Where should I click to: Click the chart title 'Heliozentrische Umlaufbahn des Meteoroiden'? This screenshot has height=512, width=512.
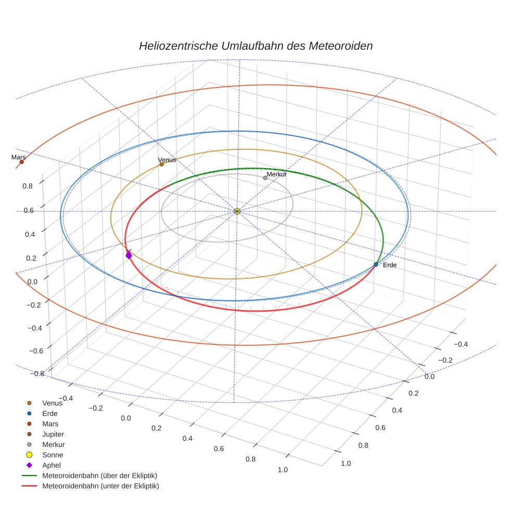pos(255,46)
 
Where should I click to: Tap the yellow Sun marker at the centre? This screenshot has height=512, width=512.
pos(237,211)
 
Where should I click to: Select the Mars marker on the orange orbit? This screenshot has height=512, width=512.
pos(21,162)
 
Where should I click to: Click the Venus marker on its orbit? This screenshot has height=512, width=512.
pos(161,164)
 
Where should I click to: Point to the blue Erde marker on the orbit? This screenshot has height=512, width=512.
pos(376,265)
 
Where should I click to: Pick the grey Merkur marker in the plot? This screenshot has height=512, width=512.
pos(265,178)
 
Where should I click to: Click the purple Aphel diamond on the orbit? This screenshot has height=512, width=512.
pos(129,255)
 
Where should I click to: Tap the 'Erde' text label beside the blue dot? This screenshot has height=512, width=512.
pos(390,265)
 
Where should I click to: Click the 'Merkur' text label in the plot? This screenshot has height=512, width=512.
pos(277,174)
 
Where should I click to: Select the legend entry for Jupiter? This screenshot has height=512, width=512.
pos(53,434)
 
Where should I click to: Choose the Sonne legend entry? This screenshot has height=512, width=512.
pos(53,455)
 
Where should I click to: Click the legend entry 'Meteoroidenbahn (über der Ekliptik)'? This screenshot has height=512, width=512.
pos(99,476)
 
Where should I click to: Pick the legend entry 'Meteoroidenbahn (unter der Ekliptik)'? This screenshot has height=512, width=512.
pos(100,486)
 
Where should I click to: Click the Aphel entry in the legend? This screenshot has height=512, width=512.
pos(52,465)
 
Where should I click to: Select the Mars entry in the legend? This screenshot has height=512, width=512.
pos(50,424)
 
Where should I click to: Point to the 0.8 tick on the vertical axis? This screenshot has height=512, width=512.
pos(28,185)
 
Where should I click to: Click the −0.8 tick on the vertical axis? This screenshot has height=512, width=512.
pos(37,373)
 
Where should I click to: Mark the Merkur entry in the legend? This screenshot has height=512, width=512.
pos(54,444)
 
